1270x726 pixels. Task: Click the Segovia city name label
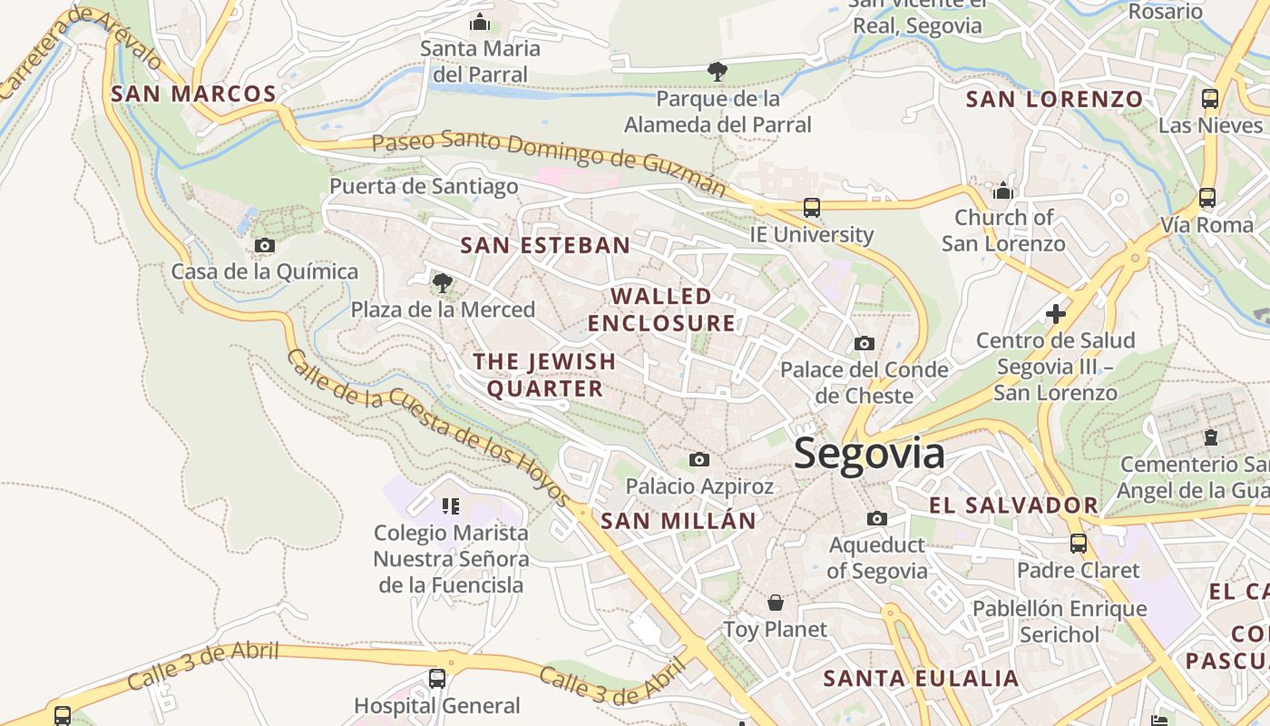[869, 454]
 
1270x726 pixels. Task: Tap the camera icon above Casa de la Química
[265, 245]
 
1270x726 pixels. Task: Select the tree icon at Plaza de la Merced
[443, 283]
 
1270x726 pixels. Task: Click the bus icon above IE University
[812, 208]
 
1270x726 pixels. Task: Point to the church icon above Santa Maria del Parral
[480, 23]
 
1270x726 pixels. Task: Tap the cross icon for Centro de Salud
[1056, 314]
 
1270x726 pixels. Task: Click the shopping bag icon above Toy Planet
[776, 603]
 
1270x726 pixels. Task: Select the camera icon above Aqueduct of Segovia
[876, 518]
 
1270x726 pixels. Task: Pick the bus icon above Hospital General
[437, 678]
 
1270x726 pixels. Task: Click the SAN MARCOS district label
[193, 93]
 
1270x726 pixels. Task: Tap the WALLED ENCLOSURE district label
[661, 309]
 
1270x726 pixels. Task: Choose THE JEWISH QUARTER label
[544, 375]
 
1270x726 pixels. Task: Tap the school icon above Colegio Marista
[451, 505]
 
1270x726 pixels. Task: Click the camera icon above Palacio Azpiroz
[699, 459]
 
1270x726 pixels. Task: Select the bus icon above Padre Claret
[1078, 544]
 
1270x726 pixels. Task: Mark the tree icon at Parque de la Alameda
[717, 71]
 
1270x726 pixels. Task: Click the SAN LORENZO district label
[1054, 100]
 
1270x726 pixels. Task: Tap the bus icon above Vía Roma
[1207, 197]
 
